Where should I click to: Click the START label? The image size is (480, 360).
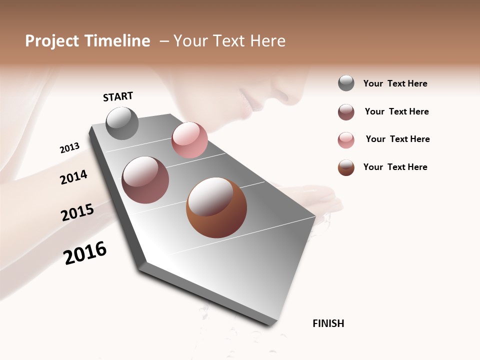point(118,96)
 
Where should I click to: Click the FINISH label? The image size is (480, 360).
point(328,323)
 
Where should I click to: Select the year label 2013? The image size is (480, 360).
point(69,147)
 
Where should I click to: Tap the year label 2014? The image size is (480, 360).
point(73,177)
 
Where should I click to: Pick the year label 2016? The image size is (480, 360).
point(85,252)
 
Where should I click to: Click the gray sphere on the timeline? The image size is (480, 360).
point(122,123)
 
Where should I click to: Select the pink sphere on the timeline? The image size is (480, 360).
point(189,140)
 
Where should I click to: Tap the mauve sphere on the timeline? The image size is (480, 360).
point(145,180)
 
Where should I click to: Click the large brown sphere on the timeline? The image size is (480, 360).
point(216,207)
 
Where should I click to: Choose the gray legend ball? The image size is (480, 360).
point(346,83)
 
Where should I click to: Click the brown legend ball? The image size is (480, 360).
point(346,167)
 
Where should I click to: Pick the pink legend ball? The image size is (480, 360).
point(346,140)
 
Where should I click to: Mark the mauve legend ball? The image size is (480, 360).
point(346,112)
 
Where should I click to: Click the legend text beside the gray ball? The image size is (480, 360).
point(395,83)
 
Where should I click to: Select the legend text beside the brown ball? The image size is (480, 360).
point(395,167)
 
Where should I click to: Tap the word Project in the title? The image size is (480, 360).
point(52,41)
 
